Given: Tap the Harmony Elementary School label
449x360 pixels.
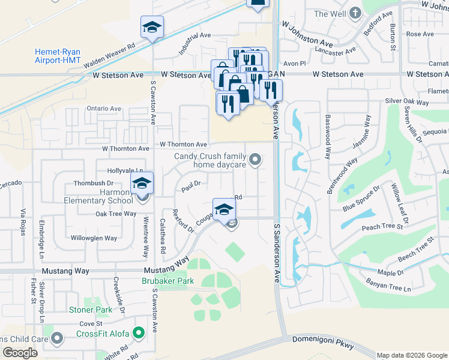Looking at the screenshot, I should [x=100, y=196].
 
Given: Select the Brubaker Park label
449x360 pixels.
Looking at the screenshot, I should [x=168, y=281].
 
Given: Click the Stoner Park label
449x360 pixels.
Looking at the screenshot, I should [x=91, y=310].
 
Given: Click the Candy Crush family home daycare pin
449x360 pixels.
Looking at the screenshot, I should [x=256, y=160].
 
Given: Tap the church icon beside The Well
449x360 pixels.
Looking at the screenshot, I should [x=355, y=13].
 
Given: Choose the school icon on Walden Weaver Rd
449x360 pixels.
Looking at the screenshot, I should [x=152, y=27].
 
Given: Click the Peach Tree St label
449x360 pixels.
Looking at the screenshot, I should [x=382, y=227].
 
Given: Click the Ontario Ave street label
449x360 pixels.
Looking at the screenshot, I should [x=104, y=109].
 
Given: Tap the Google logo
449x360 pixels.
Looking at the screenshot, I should [x=20, y=353].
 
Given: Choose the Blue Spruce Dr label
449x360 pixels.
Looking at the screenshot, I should [x=361, y=199].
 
